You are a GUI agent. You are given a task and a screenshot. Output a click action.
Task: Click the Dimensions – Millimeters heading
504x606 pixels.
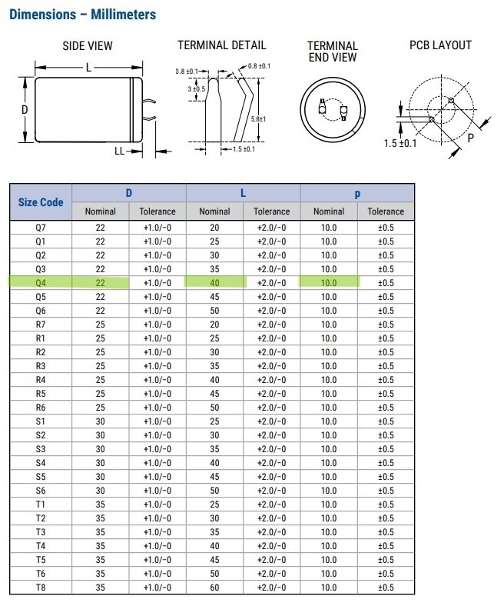pos(83,15)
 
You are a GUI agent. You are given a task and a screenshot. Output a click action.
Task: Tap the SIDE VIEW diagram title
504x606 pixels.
pos(88,45)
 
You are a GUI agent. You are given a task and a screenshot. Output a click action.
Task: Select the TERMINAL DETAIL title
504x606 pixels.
pos(222,45)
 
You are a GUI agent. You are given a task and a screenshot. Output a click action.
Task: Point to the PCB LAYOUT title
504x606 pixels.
pos(441,45)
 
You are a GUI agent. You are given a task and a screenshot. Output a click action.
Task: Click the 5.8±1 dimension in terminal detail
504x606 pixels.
pos(258,119)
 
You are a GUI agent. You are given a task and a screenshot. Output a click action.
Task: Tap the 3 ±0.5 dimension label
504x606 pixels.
pos(197,89)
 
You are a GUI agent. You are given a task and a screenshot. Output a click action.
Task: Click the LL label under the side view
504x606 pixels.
pos(119,151)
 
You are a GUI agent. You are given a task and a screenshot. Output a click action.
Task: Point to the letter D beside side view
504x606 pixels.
pos(25,110)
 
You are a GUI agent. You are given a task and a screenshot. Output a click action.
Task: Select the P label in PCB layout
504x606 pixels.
pos(470,138)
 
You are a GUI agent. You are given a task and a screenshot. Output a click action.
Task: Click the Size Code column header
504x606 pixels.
pos(41,202)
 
